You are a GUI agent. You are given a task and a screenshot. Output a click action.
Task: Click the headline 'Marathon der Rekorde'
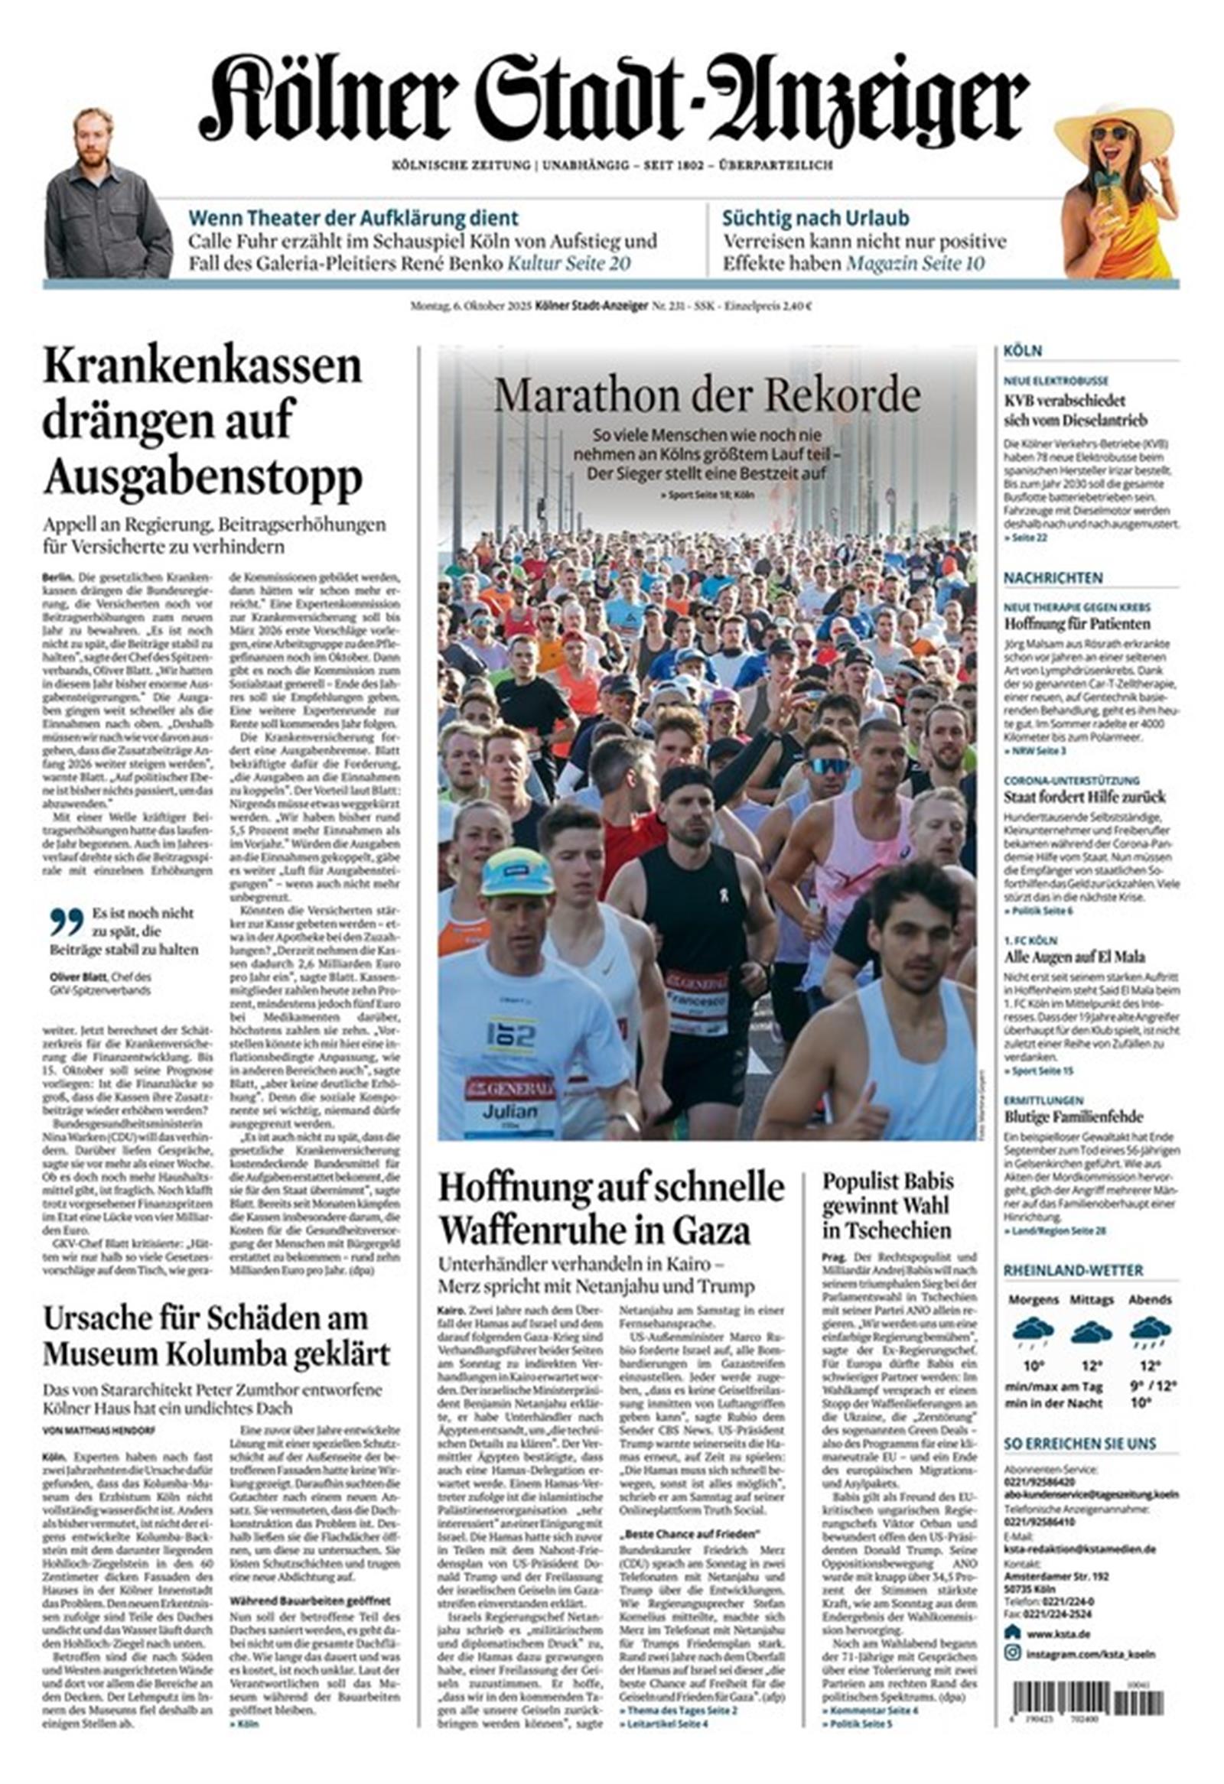[x=706, y=396]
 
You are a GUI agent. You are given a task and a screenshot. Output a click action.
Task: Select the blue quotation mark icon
[x=66, y=921]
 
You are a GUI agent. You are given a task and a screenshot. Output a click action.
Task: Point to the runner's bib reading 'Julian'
[x=509, y=1113]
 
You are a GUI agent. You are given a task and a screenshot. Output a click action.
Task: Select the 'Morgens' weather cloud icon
[x=1032, y=1331]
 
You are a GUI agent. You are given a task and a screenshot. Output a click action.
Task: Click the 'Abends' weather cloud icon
[x=1150, y=1331]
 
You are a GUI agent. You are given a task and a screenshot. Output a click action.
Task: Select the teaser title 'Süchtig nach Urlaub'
[x=815, y=218]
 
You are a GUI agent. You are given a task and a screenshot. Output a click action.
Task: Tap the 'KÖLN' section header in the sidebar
[x=1022, y=351]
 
